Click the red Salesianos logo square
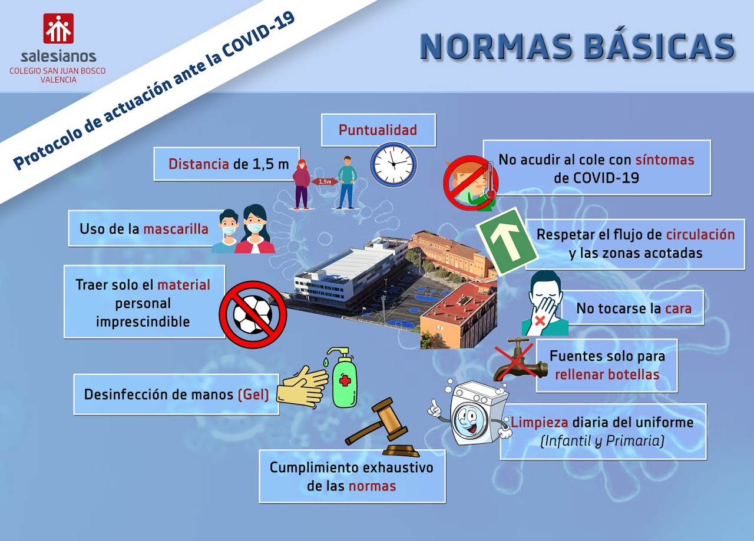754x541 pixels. (x=58, y=28)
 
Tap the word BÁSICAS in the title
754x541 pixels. (x=659, y=47)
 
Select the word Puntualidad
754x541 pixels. (x=378, y=130)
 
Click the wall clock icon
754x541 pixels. (x=393, y=164)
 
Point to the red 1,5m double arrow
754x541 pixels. (x=325, y=182)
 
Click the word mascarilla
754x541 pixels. (x=176, y=229)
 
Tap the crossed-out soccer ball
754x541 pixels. (x=253, y=314)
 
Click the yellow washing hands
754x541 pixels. (x=302, y=387)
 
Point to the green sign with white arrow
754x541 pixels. (x=507, y=241)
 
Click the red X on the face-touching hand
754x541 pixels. (x=540, y=320)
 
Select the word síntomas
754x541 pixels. (x=664, y=160)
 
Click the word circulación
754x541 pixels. (x=700, y=234)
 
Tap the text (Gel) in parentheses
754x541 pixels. (x=253, y=394)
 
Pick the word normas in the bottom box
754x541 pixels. (x=372, y=486)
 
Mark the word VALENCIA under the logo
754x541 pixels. (x=58, y=79)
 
